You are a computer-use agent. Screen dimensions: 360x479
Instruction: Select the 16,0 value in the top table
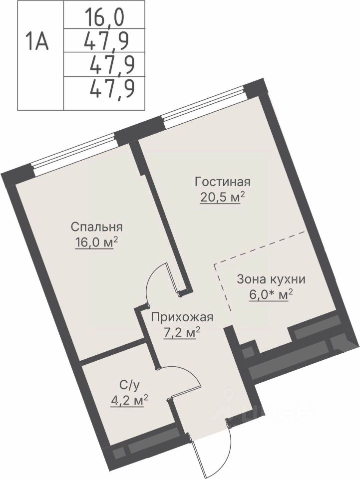tap(105, 18)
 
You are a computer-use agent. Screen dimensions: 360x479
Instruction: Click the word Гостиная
tap(223, 182)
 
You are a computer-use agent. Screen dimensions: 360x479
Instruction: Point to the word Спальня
tap(96, 228)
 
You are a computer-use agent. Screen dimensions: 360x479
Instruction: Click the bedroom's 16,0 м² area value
tap(96, 243)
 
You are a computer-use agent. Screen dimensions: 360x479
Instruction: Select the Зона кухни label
tap(271, 279)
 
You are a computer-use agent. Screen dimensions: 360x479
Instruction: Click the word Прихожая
tap(182, 318)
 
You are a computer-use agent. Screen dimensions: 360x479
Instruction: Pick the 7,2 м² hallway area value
tap(182, 333)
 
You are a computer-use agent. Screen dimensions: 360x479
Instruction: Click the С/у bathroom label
tap(129, 386)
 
